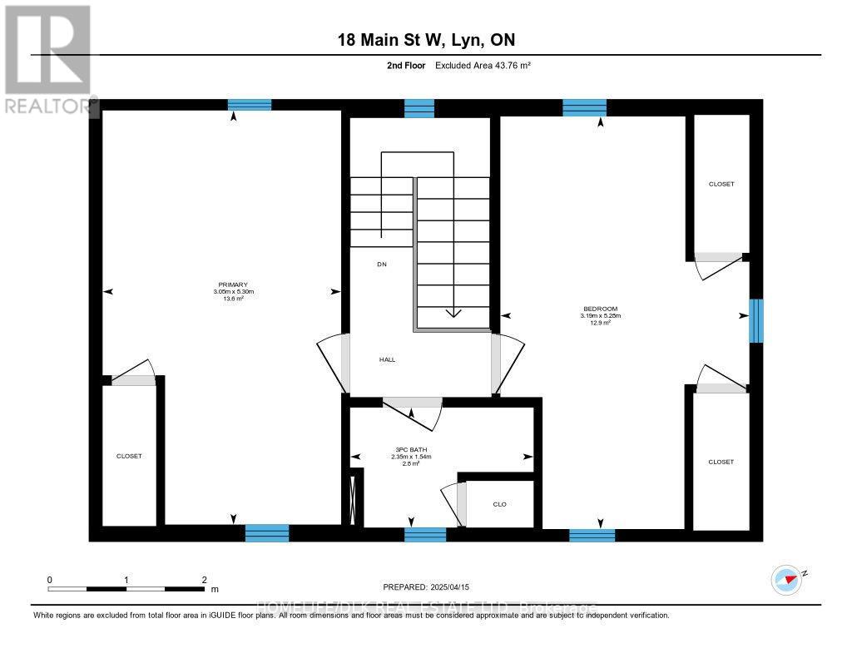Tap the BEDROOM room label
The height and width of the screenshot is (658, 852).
click(601, 309)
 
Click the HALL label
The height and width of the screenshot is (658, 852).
click(387, 359)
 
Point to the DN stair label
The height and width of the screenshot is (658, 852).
click(382, 264)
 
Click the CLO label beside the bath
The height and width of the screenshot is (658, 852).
click(499, 504)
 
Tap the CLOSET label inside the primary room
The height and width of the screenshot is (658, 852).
click(129, 456)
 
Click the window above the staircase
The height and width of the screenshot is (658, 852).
click(419, 108)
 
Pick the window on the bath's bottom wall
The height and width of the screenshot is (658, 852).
click(425, 534)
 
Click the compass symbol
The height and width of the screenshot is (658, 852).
click(786, 579)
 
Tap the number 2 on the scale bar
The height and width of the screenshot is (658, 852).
click(203, 579)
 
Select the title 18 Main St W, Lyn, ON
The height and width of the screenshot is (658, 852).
click(431, 41)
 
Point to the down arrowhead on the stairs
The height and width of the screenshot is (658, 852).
click(453, 313)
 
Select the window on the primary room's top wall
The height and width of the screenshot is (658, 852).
click(250, 105)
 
